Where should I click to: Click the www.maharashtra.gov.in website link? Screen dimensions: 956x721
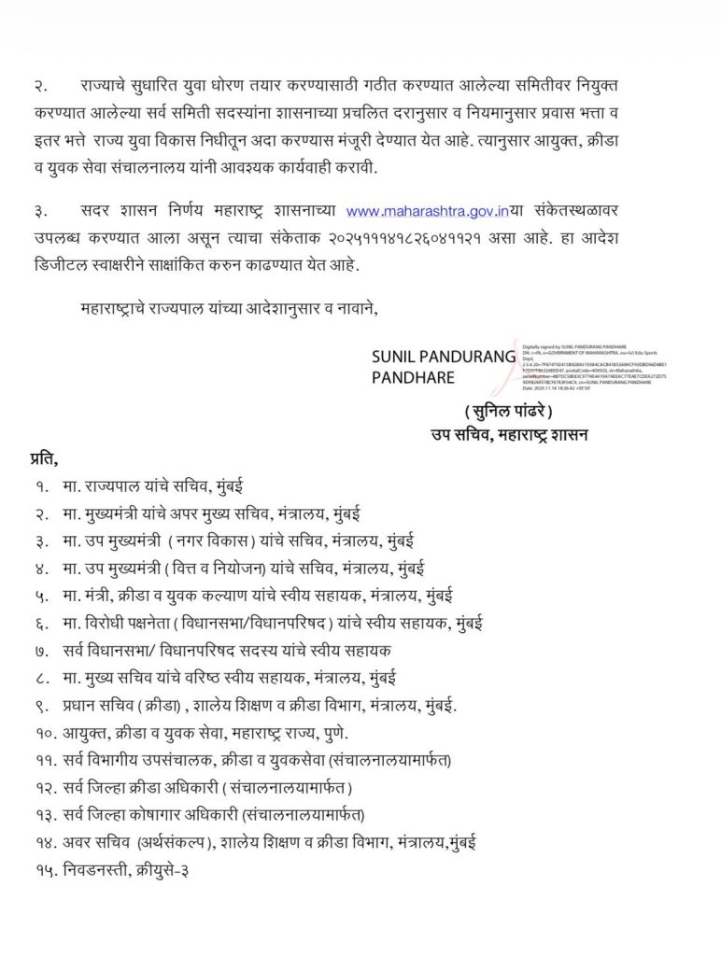coord(419,213)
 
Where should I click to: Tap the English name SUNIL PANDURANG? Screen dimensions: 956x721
coord(444,356)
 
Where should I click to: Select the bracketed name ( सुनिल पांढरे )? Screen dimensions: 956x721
coord(508,412)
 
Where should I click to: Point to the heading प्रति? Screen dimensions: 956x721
coord(44,458)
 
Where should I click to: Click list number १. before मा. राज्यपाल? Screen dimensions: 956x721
coord(42,486)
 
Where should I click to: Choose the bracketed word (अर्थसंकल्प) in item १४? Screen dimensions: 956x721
coord(177,841)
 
